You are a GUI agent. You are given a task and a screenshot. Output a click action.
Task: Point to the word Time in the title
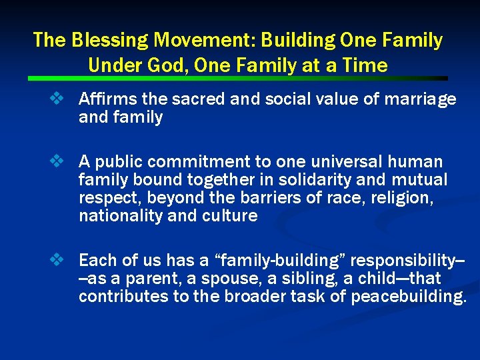(x=363, y=65)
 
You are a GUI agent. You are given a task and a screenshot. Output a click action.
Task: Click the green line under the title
(x=240, y=79)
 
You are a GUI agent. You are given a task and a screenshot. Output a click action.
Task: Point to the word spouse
(x=219, y=277)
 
